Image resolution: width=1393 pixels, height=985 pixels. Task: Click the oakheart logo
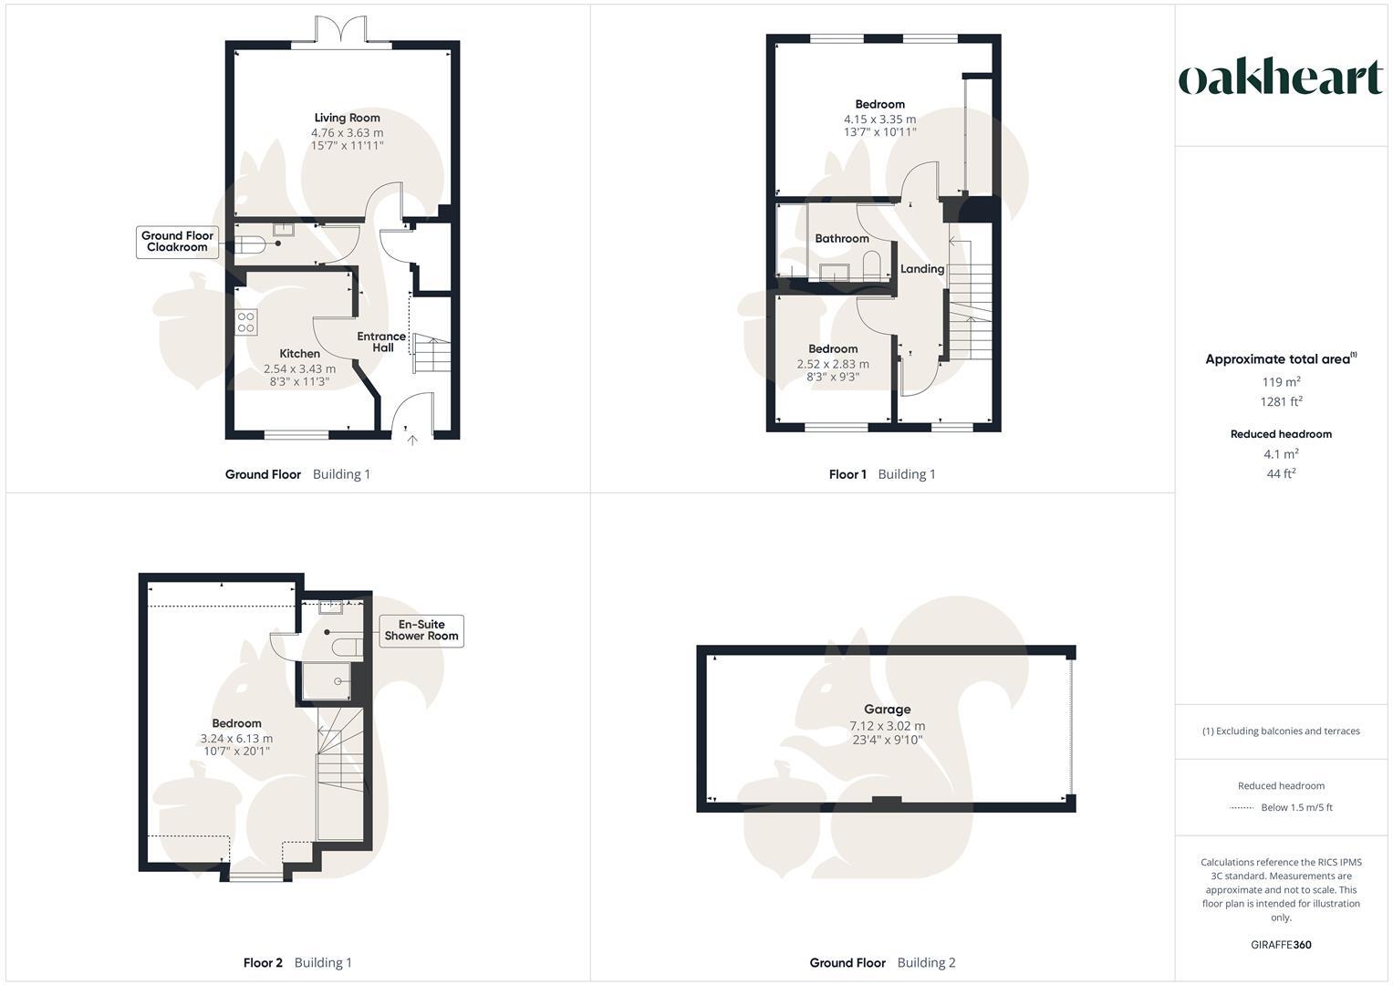[1281, 78]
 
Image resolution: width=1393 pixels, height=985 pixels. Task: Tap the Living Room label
[347, 118]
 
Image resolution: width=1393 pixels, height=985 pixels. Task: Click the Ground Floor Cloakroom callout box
[177, 242]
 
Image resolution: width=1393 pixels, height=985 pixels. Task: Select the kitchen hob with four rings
[246, 322]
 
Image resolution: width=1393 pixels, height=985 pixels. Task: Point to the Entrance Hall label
[381, 342]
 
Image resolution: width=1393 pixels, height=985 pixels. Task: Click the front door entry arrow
[412, 441]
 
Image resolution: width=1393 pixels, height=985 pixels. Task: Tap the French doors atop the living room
[341, 31]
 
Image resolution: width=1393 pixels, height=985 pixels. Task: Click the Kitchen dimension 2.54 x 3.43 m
[299, 369]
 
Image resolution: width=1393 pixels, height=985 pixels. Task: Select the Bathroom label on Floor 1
[841, 239]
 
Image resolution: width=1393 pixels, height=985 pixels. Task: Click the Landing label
[921, 269]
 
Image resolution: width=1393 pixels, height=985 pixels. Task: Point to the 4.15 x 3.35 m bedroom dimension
[879, 119]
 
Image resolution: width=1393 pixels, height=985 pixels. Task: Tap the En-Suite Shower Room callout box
[421, 631]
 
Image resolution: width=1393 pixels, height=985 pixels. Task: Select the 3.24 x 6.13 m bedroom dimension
[236, 739]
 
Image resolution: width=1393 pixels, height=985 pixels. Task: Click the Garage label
[887, 710]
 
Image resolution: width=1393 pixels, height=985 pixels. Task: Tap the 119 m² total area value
[1281, 382]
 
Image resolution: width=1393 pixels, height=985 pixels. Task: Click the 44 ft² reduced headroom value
[1281, 473]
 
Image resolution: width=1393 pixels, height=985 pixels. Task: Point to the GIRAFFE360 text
[1281, 945]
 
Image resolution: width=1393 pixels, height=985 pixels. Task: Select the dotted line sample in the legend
[1242, 808]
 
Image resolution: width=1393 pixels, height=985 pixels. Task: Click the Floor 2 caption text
[263, 963]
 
